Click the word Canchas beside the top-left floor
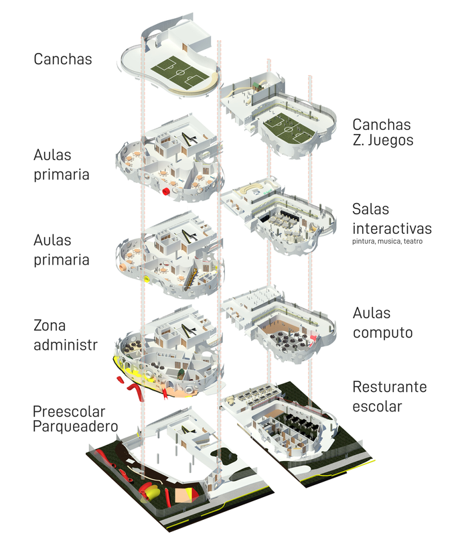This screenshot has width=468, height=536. pyautogui.click(x=63, y=59)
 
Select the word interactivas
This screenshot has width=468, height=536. pyautogui.click(x=392, y=228)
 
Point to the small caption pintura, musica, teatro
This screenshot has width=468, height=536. pyautogui.click(x=388, y=241)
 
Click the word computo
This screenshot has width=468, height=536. pyautogui.click(x=382, y=332)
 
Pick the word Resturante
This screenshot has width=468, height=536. pyautogui.click(x=390, y=387)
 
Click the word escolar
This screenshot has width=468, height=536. pyautogui.click(x=377, y=406)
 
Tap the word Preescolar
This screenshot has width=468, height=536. pyautogui.click(x=69, y=411)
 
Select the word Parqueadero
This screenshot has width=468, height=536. pyautogui.click(x=76, y=427)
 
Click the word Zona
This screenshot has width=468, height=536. pyautogui.click(x=50, y=326)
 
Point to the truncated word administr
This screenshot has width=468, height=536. pyautogui.click(x=66, y=345)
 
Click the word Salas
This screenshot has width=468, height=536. pyautogui.click(x=371, y=209)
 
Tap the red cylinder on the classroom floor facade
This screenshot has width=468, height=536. pyautogui.click(x=166, y=192)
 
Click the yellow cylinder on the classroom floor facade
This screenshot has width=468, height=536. pyautogui.click(x=147, y=279)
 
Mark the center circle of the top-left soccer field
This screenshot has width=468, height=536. pyautogui.click(x=179, y=72)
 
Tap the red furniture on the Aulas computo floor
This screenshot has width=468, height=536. pyautogui.click(x=313, y=340)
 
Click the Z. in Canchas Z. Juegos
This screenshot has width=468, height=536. pyautogui.click(x=358, y=140)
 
